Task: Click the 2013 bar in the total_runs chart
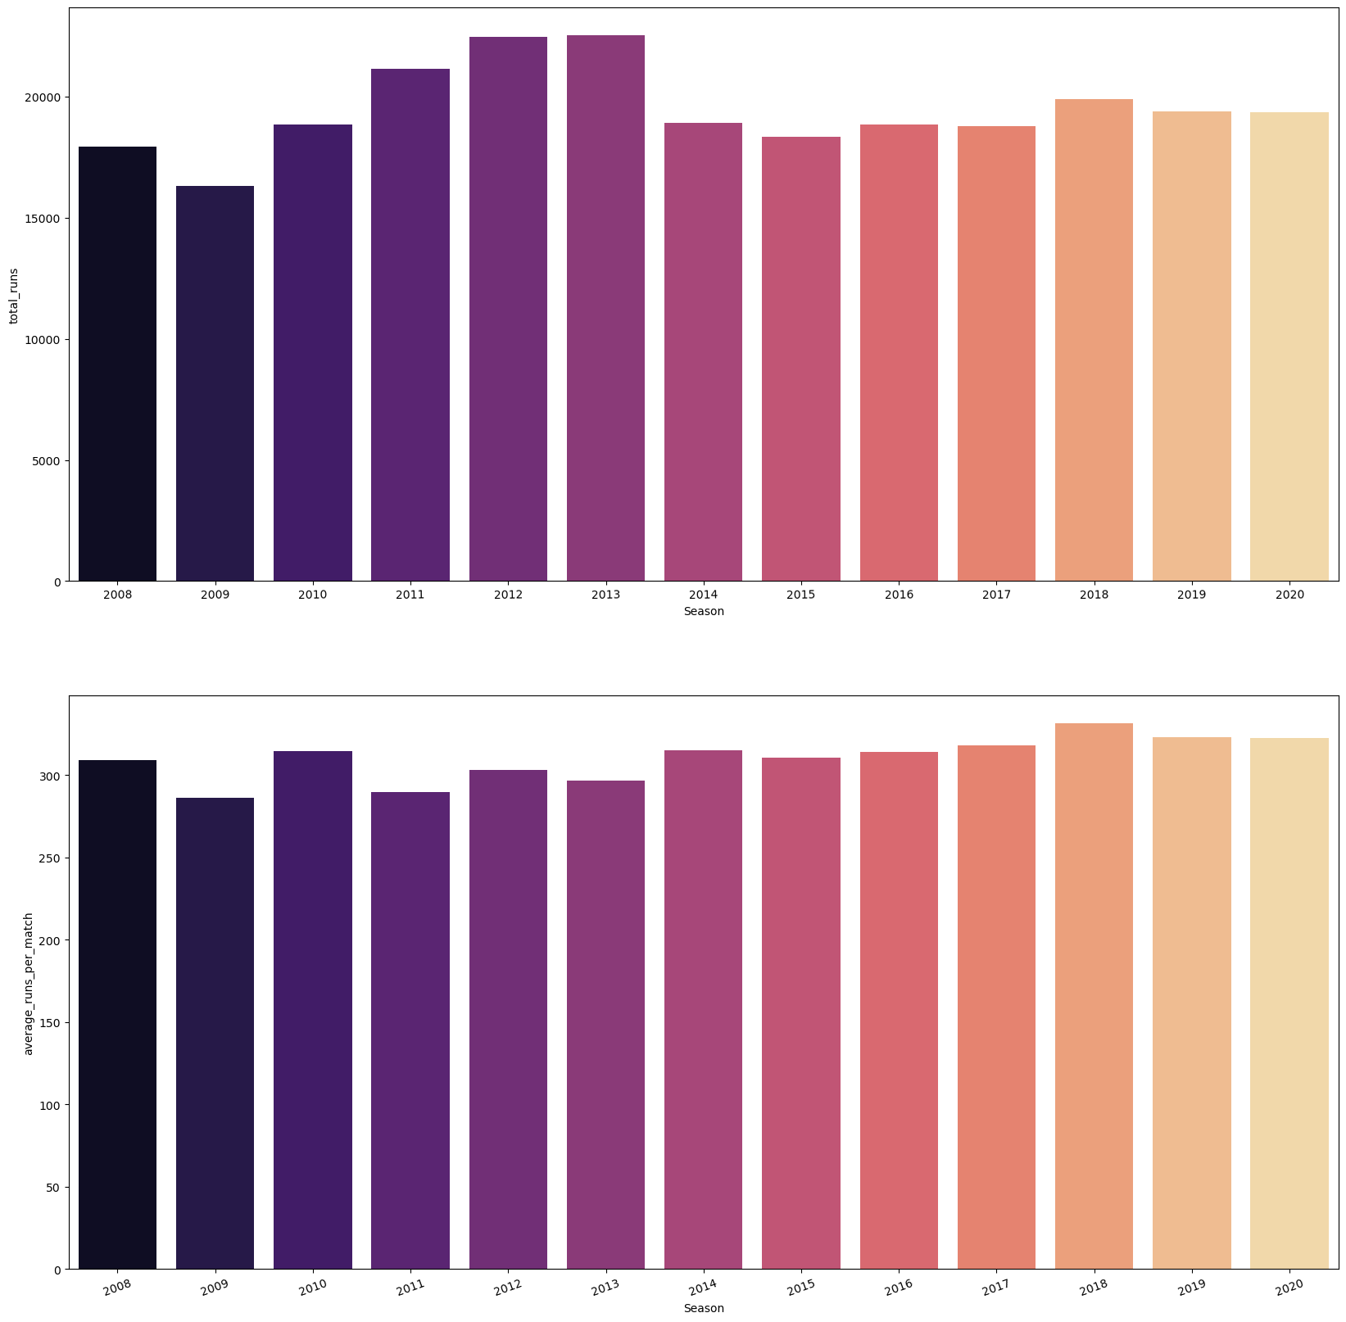[605, 308]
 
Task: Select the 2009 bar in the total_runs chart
[215, 383]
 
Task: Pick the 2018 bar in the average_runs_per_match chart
[1094, 996]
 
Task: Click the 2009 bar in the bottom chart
[215, 1033]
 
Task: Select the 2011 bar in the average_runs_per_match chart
[410, 1030]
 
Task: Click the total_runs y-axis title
[14, 295]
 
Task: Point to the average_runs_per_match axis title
[29, 983]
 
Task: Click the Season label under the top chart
[704, 611]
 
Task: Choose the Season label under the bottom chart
[704, 1308]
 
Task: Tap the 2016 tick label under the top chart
[899, 595]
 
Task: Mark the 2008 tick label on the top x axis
[117, 595]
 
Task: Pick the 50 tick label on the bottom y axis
[56, 1188]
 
